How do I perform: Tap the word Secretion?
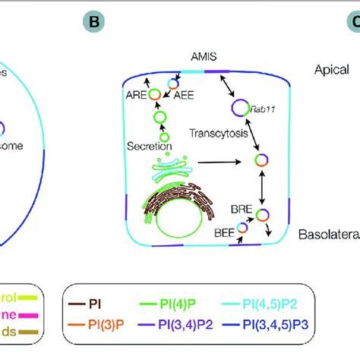150,146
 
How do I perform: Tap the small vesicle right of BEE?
243,226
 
